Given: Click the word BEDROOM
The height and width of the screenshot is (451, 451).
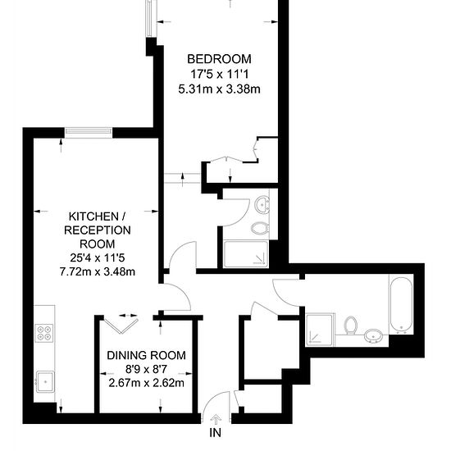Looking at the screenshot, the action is click(x=219, y=59).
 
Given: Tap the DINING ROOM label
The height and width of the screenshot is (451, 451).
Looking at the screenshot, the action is click(x=146, y=355).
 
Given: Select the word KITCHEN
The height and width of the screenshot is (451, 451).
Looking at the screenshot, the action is click(x=93, y=216).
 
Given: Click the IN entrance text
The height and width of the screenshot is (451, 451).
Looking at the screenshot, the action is click(x=216, y=432).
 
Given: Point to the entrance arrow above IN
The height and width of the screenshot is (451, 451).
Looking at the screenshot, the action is click(x=216, y=419).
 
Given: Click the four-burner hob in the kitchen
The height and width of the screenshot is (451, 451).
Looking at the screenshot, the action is click(x=44, y=333).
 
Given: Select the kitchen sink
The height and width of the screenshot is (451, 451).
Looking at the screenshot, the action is click(x=45, y=381).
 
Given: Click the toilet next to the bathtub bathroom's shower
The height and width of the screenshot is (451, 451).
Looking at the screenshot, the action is click(x=351, y=326).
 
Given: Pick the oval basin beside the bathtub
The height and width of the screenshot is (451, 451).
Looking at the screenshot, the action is click(x=373, y=335).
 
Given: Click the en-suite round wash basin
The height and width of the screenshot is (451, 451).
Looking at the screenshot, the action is click(x=262, y=204).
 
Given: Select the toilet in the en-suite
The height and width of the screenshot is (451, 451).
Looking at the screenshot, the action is click(x=260, y=229).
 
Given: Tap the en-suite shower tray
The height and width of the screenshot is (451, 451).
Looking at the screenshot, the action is click(x=246, y=254).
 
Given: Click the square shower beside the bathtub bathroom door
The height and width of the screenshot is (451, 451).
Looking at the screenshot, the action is click(x=320, y=330).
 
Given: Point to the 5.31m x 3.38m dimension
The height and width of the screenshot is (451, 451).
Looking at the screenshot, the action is click(x=219, y=89).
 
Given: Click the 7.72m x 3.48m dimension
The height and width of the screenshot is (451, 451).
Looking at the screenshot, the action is click(x=98, y=271).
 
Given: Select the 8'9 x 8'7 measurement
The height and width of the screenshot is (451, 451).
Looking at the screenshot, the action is click(x=146, y=369).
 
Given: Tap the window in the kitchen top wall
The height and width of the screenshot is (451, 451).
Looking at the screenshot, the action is click(x=89, y=132).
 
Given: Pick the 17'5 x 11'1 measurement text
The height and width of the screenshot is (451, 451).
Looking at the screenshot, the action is click(x=219, y=74).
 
